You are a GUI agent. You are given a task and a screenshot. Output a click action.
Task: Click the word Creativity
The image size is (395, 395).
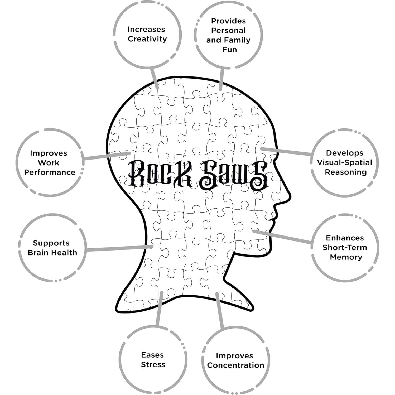(147, 39)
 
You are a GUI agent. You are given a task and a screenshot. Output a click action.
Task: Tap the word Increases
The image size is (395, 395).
(146, 29)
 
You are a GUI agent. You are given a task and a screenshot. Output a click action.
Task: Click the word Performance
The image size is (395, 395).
(50, 172)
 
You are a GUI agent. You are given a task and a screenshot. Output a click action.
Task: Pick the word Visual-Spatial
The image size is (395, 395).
(344, 162)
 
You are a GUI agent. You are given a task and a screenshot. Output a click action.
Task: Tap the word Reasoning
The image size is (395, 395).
(345, 172)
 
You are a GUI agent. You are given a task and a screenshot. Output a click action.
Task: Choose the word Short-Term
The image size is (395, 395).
(345, 248)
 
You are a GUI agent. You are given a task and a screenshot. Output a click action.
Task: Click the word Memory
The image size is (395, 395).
(346, 257)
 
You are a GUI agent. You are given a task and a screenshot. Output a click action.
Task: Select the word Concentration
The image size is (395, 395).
(235, 365)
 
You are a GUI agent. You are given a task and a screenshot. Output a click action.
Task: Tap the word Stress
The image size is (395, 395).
(153, 364)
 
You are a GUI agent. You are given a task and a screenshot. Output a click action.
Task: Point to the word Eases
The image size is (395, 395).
(152, 355)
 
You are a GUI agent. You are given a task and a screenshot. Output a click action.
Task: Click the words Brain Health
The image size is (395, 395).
(52, 253)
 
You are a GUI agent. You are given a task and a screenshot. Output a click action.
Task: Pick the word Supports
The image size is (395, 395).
(51, 243)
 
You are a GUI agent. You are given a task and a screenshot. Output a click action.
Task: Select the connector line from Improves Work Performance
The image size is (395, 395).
(107, 156)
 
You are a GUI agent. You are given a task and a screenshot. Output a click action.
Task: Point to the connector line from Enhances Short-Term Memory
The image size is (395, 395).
(282, 237)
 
